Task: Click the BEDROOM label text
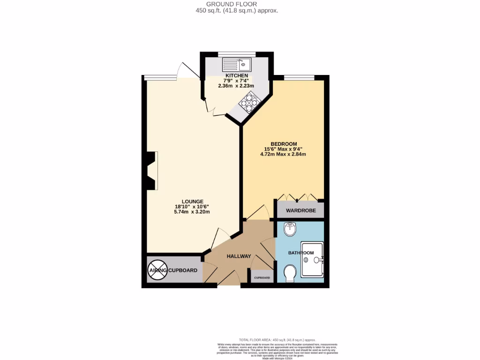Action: tap(284, 143)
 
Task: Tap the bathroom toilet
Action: tap(290, 273)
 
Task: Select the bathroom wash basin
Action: tap(291, 230)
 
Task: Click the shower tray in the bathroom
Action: tap(312, 259)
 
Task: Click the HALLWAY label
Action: tap(239, 256)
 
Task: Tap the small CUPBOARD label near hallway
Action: tap(262, 277)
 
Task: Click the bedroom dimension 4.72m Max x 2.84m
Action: tap(284, 155)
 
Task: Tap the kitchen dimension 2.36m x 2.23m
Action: tap(236, 86)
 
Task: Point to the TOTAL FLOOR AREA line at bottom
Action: tap(277, 339)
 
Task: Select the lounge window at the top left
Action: tap(159, 77)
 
